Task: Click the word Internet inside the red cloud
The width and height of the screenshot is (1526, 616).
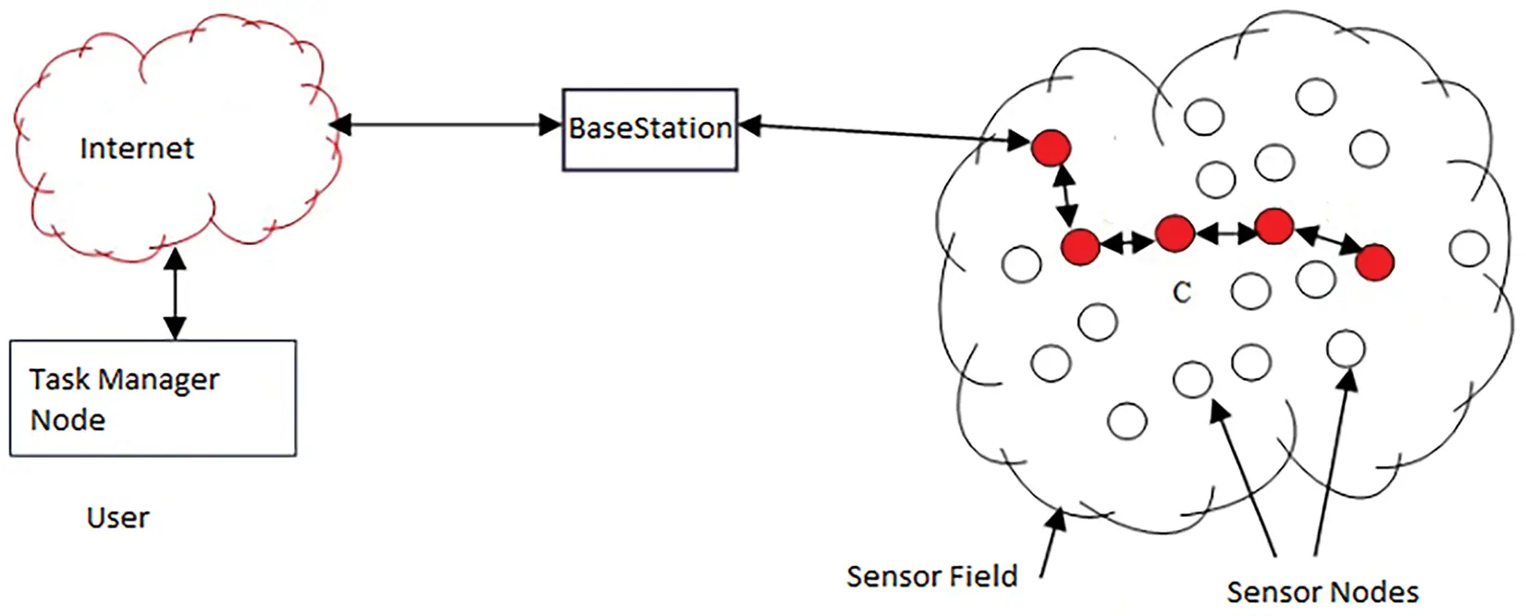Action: coord(137,148)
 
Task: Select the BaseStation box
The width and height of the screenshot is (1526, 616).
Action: coord(649,129)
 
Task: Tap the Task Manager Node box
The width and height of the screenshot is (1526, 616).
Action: coord(153,398)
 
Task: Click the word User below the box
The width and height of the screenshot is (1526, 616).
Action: coord(117,518)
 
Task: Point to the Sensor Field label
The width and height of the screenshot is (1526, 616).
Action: coord(931,577)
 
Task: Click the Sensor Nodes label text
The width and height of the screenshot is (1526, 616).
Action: coord(1322,592)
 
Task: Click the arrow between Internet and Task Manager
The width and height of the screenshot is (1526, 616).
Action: coord(175,293)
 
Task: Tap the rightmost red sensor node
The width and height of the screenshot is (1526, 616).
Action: coord(1374,263)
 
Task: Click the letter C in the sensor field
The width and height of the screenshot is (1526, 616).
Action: coord(1181,293)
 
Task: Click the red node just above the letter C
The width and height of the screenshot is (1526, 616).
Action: coord(1175,233)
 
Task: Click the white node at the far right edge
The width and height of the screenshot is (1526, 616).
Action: coord(1469,249)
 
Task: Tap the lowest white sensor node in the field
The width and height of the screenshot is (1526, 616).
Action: coord(1126,421)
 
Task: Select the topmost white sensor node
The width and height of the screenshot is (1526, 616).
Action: coord(1315,96)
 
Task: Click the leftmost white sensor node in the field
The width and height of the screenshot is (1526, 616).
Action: coord(1021,265)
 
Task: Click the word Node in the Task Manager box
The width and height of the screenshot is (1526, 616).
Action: coord(68,420)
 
